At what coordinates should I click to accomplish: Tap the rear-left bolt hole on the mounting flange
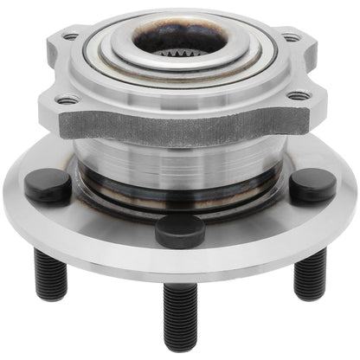pos(71,37)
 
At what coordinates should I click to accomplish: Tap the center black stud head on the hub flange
pos(179,230)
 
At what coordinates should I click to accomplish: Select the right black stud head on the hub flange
pos(312,185)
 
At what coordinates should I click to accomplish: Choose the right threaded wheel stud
pos(310,275)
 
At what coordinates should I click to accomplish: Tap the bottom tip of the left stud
pos(49,296)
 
